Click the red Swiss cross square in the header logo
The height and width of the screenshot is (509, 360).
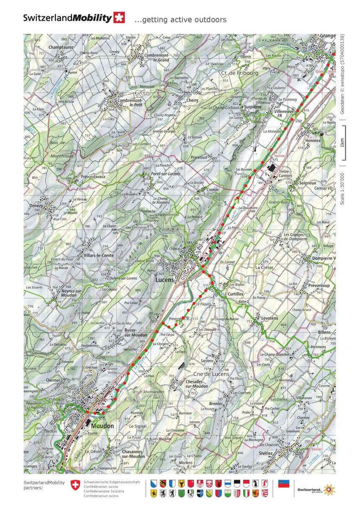pos(119,18)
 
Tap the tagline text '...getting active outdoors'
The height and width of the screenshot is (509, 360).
pos(180,20)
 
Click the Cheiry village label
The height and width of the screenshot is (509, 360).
pos(192,100)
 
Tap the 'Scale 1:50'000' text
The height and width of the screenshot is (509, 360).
pos(342,188)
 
